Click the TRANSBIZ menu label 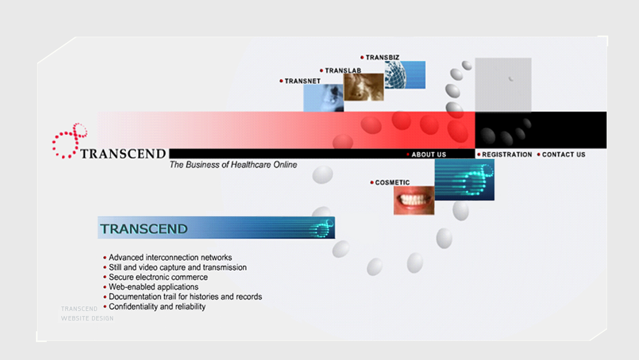tap(382, 57)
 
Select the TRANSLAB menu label tap(343, 70)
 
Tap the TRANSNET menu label tap(302, 81)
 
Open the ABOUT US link tap(429, 154)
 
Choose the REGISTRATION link tap(507, 154)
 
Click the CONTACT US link tap(564, 154)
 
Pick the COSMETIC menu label tap(392, 182)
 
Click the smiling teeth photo tap(414, 200)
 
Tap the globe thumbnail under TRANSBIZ tap(405, 75)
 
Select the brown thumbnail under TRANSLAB tap(363, 87)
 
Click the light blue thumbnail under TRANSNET tap(323, 98)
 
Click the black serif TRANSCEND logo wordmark tap(123, 154)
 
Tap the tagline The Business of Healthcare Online tap(233, 165)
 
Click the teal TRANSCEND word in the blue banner tap(144, 229)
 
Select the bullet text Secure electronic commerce tap(158, 277)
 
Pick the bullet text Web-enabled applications tap(153, 287)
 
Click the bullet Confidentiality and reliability tap(157, 307)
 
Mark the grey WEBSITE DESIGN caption tap(87, 318)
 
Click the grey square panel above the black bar tap(503, 85)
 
